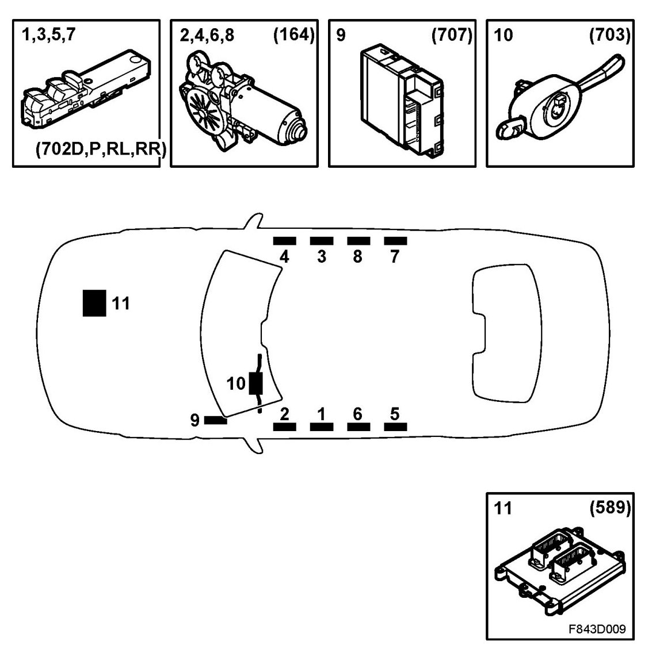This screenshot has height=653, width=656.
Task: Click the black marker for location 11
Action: click(x=94, y=303)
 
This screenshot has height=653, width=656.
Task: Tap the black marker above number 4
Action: click(x=284, y=241)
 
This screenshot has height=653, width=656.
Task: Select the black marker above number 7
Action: click(x=395, y=241)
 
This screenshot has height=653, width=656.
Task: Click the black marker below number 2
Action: click(x=284, y=427)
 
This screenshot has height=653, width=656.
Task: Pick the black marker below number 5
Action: click(x=395, y=427)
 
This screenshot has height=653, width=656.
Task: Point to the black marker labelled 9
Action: click(x=216, y=421)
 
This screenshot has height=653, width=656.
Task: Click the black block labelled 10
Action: click(x=256, y=383)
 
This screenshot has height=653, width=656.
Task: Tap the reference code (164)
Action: click(x=293, y=35)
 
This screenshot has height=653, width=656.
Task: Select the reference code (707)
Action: click(x=451, y=35)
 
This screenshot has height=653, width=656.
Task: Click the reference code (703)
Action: click(x=609, y=35)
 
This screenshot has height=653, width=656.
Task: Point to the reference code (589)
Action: click(x=609, y=508)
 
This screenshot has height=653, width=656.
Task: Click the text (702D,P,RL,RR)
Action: click(x=100, y=151)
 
